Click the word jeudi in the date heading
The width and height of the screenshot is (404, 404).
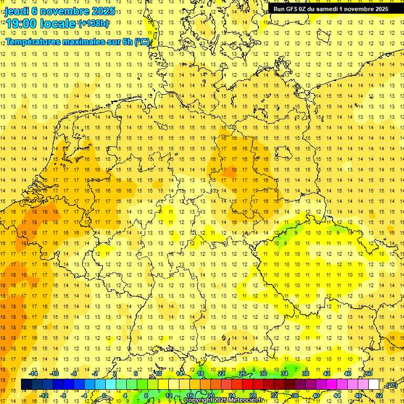17,11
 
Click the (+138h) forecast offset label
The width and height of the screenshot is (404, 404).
94,23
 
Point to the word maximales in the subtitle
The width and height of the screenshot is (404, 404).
86,42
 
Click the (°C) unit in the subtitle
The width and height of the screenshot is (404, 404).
142,42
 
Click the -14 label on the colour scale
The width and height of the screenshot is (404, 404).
35,373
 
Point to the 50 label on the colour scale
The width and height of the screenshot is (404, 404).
369,373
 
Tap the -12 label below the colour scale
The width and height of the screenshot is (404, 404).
44,396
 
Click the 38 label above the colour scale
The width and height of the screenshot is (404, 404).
306,373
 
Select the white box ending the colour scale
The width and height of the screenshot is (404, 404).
374,385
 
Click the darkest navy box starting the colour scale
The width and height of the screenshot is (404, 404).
26,385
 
